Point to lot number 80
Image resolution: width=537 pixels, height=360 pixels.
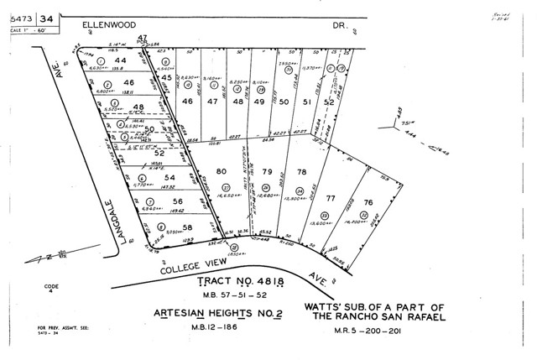pyautogui.click(x=222, y=172)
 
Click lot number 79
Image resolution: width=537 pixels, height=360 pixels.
pyautogui.click(x=268, y=172)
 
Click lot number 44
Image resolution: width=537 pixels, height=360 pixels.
pyautogui.click(x=121, y=61)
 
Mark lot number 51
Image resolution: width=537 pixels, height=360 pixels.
pyautogui.click(x=307, y=102)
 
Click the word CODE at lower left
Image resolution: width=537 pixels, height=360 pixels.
pyautogui.click(x=52, y=286)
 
